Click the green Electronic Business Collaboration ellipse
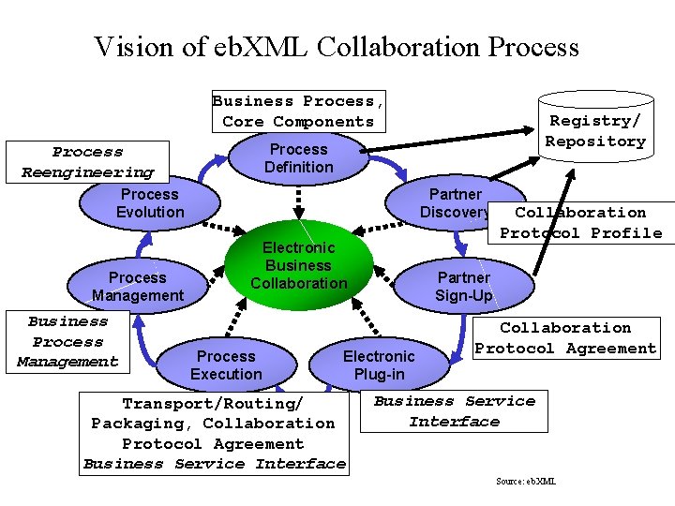click(x=299, y=265)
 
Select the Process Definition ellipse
click(x=299, y=158)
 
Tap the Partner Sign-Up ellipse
click(x=464, y=286)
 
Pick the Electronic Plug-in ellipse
click(x=380, y=365)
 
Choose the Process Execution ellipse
click(x=227, y=365)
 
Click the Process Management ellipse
click(x=138, y=286)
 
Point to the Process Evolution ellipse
click(x=150, y=202)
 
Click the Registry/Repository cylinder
click(x=596, y=126)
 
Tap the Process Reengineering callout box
click(x=87, y=162)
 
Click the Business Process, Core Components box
click(x=299, y=112)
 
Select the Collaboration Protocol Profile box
click(x=581, y=223)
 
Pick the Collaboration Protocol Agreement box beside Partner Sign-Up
click(x=566, y=338)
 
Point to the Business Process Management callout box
click(x=67, y=342)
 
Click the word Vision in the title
click(x=134, y=47)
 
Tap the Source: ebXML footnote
click(x=526, y=481)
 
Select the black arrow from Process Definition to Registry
click(x=447, y=140)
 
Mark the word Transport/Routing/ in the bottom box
click(x=213, y=404)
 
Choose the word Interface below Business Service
click(x=455, y=422)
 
